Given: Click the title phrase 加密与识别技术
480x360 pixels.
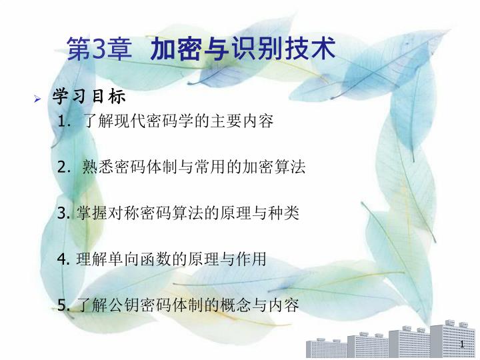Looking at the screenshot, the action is (x=243, y=49).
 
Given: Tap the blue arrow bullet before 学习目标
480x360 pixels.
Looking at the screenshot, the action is (x=37, y=99).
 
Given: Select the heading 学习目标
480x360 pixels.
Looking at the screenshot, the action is (x=89, y=97).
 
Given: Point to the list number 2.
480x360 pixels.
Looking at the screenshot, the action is (x=63, y=167).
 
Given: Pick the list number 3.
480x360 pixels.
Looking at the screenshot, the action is (x=63, y=213).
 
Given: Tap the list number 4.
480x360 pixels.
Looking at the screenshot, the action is (x=63, y=259).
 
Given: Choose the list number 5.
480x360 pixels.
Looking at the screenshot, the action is (x=63, y=305).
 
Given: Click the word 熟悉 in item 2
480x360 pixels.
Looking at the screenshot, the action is (x=98, y=167).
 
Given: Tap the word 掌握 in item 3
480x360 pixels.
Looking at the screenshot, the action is (x=92, y=213).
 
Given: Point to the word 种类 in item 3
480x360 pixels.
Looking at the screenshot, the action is (x=283, y=213).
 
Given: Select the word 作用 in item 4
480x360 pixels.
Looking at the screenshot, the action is (x=251, y=259).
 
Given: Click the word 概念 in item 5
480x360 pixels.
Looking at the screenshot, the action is (x=235, y=305).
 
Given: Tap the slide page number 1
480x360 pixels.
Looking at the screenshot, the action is (x=462, y=344).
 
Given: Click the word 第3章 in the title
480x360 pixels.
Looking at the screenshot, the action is (x=99, y=49).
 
